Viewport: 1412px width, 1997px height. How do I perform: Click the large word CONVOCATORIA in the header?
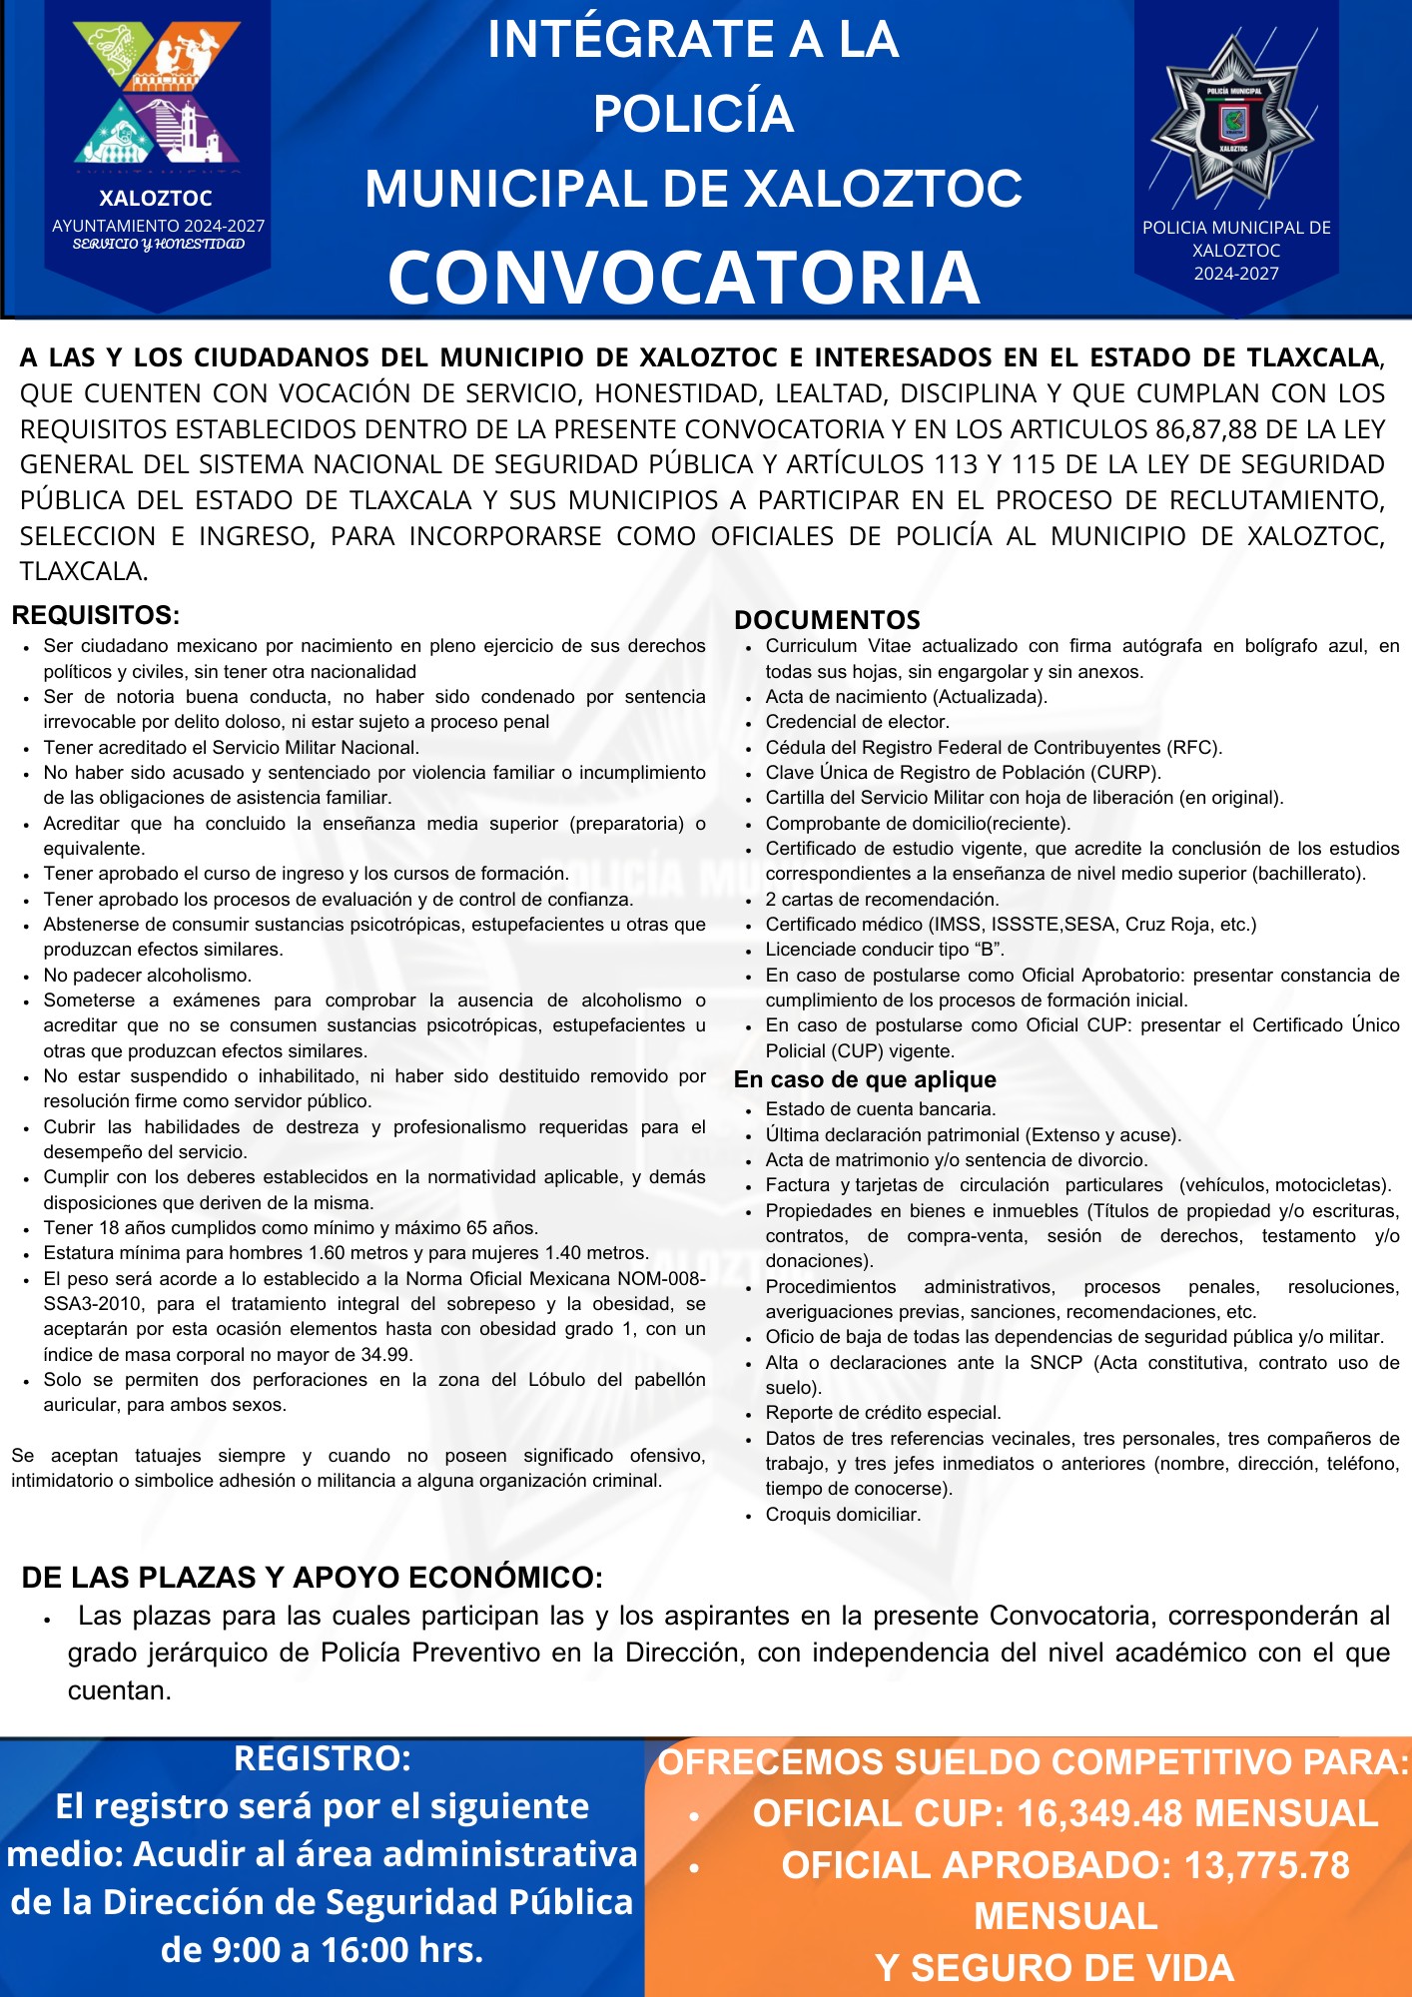tap(684, 277)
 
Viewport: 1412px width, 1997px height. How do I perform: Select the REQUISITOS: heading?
tap(96, 615)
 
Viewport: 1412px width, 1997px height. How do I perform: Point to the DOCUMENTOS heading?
tap(827, 619)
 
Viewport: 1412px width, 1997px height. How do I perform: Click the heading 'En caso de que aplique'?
tap(865, 1079)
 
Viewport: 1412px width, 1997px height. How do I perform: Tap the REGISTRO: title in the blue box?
tap(322, 1758)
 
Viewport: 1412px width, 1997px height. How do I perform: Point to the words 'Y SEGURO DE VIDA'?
tap(1055, 1968)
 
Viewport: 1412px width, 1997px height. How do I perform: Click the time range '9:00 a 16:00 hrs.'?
tap(322, 1949)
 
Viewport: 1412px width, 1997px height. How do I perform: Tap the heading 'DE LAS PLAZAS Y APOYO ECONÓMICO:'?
tap(312, 1578)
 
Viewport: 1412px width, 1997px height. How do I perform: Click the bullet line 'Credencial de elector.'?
tap(857, 722)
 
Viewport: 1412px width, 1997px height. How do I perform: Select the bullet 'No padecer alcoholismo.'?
tap(148, 976)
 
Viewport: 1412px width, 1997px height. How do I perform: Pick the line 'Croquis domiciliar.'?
tap(843, 1515)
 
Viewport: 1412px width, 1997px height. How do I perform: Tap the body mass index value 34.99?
tap(384, 1355)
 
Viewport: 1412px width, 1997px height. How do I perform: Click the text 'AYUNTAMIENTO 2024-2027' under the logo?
tap(158, 226)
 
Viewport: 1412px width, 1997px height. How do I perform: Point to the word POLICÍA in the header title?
tap(693, 114)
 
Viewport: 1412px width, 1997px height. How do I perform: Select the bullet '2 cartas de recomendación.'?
tap(882, 900)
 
